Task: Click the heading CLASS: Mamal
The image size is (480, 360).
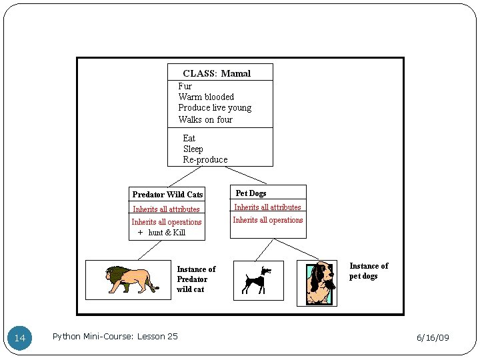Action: tap(217, 73)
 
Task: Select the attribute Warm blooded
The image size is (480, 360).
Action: tap(206, 97)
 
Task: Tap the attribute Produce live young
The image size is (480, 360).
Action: tap(215, 108)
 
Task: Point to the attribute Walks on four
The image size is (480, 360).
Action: tap(205, 119)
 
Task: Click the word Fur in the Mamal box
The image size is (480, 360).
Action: tap(185, 86)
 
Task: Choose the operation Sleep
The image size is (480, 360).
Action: tap(193, 149)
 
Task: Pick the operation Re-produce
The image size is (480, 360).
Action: tap(205, 160)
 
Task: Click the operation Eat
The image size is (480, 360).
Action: tap(189, 139)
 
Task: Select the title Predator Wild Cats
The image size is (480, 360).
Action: tap(167, 195)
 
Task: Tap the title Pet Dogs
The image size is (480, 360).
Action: tap(251, 193)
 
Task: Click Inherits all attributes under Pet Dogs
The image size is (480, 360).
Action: tap(267, 207)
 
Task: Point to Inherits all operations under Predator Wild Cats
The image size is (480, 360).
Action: tap(167, 222)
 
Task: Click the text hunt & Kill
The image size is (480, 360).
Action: tap(167, 233)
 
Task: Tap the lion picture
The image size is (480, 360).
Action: tap(131, 279)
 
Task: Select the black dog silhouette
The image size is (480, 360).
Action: tap(257, 281)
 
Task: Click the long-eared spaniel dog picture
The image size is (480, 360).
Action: tap(317, 283)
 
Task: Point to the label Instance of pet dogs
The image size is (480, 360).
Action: tap(369, 271)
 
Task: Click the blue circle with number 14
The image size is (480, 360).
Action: tap(19, 338)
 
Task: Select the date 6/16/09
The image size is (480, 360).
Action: tap(433, 337)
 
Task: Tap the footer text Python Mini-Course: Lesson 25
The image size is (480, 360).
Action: tap(115, 337)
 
